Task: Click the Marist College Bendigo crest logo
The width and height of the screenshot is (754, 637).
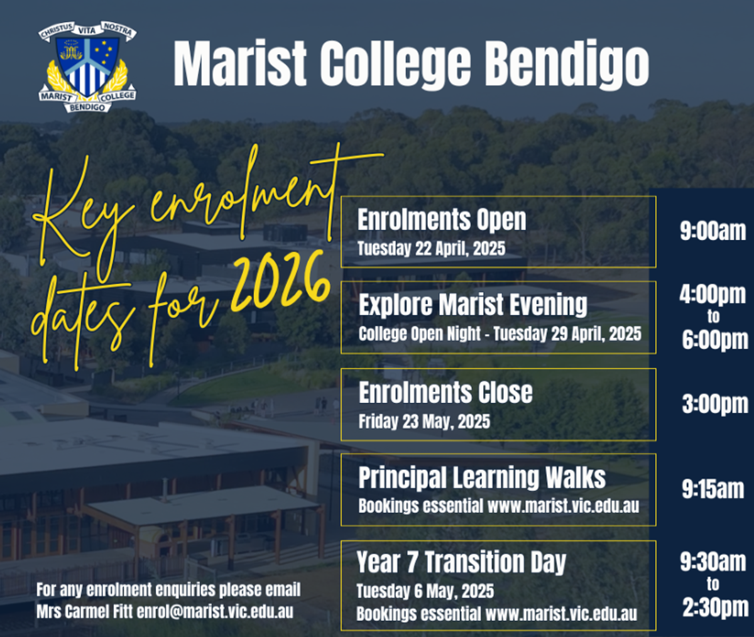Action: [x=87, y=67]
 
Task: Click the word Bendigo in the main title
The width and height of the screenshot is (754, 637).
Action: [x=566, y=64]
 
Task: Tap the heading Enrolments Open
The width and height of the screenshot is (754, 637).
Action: [x=442, y=219]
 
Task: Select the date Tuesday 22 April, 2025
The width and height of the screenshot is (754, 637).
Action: [x=431, y=248]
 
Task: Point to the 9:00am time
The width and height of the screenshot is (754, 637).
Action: [x=713, y=231]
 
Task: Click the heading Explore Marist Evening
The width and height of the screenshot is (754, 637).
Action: [x=473, y=305]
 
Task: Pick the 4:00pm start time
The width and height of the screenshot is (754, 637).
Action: [x=713, y=295]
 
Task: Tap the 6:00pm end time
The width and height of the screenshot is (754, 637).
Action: [x=715, y=340]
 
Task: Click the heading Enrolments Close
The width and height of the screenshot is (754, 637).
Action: [x=445, y=392]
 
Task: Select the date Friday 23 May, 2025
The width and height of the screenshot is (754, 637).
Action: [x=424, y=422]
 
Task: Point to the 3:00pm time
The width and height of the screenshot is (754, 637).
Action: [x=715, y=405]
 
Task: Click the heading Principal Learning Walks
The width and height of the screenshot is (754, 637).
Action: [x=482, y=477]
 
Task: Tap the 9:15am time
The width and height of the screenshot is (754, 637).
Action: [x=713, y=489]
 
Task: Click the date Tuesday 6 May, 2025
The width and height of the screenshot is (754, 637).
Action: [x=425, y=591]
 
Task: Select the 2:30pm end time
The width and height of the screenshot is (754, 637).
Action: [x=716, y=607]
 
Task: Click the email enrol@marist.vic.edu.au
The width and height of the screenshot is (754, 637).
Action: [x=215, y=612]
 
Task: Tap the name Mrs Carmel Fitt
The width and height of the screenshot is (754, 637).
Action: [x=84, y=612]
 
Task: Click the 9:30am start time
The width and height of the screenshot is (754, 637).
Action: [x=713, y=562]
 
